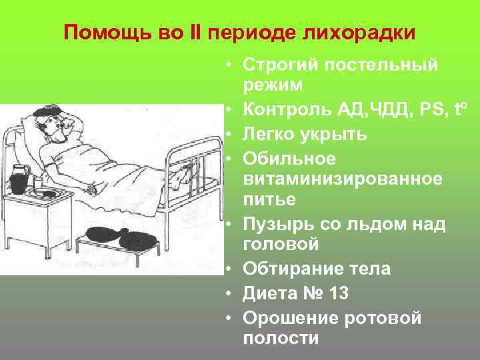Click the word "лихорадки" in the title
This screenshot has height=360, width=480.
pyautogui.click(x=366, y=33)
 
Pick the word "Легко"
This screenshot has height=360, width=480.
pyautogui.click(x=267, y=134)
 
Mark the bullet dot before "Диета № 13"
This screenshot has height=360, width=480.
pyautogui.click(x=228, y=293)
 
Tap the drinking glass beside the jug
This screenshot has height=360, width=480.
pyautogui.click(x=37, y=183)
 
